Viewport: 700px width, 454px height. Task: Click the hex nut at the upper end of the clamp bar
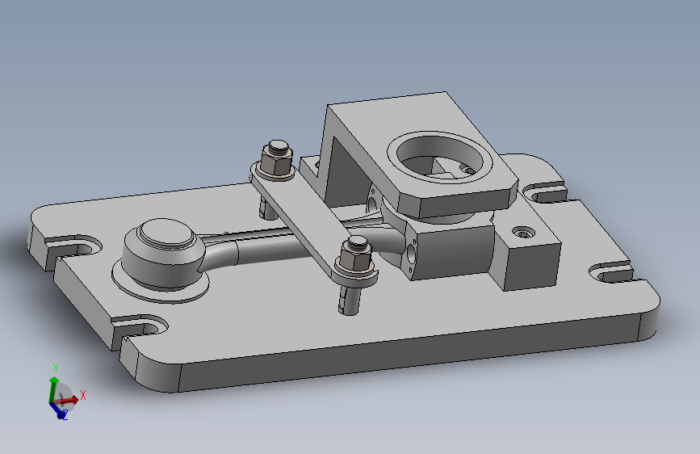[276, 159]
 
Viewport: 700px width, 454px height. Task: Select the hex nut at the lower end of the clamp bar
[355, 258]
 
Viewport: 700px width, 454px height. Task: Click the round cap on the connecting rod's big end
[166, 233]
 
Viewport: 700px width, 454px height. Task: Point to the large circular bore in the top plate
[440, 156]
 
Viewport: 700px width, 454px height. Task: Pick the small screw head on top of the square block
[523, 233]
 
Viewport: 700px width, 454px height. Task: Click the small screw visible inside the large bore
[467, 170]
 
